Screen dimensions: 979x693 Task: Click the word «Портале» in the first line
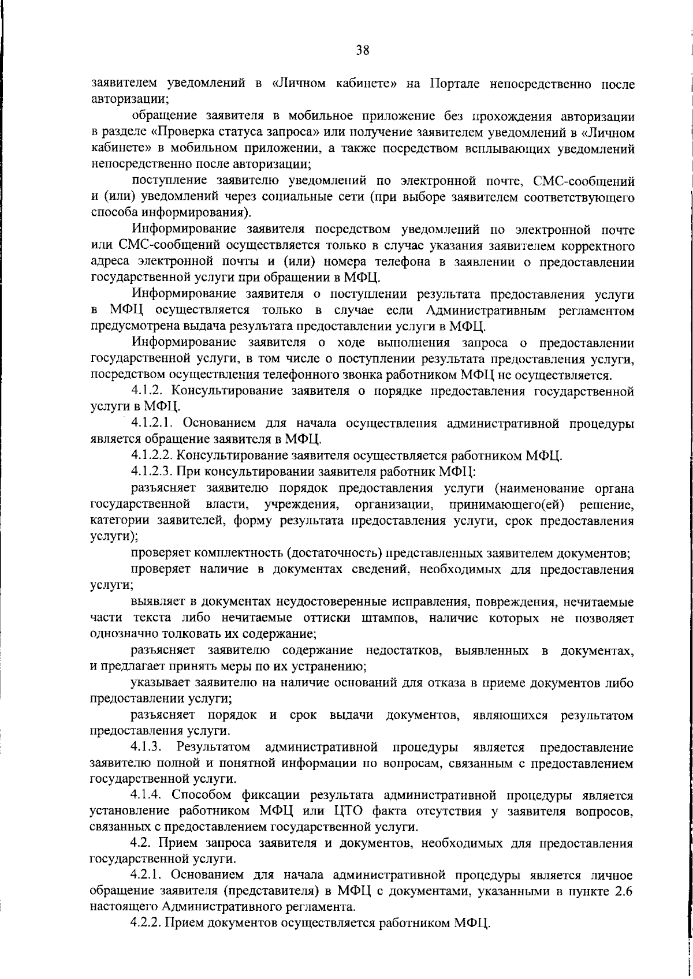pyautogui.click(x=452, y=84)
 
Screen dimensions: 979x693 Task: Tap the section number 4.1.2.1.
pyautogui.click(x=153, y=424)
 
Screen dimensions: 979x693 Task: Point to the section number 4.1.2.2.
pyautogui.click(x=153, y=457)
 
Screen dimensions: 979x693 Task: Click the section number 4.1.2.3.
pyautogui.click(x=153, y=473)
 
